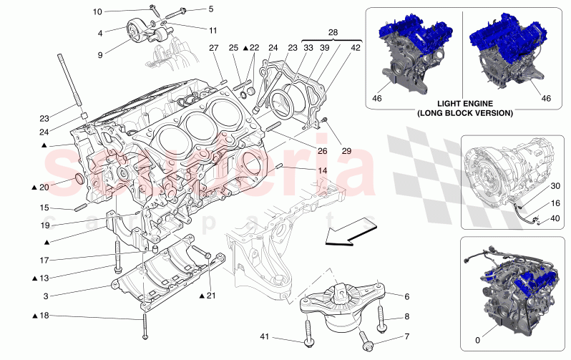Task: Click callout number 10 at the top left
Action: tap(97, 11)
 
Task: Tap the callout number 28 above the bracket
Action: tap(332, 33)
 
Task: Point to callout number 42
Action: tap(356, 48)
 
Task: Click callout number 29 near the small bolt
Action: tap(347, 151)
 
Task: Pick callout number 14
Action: tap(322, 170)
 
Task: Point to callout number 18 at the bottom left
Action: tap(44, 316)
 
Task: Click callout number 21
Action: tap(211, 296)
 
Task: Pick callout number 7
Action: tap(406, 336)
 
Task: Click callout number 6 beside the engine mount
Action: tap(406, 296)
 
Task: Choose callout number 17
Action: tap(44, 261)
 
